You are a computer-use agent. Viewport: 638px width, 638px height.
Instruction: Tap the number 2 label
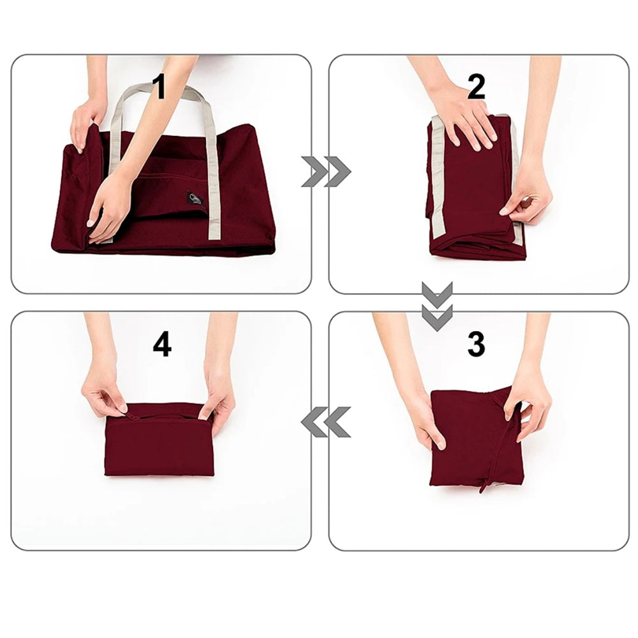click(x=475, y=87)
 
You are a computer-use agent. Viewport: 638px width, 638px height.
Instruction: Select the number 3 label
click(x=475, y=345)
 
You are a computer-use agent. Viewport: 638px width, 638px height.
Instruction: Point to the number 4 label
click(x=162, y=345)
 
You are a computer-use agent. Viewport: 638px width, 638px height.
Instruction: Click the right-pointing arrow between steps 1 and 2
click(x=326, y=171)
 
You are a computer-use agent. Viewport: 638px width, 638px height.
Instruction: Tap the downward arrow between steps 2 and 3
click(x=437, y=306)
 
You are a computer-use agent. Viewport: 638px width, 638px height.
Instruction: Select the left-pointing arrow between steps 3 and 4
click(x=326, y=422)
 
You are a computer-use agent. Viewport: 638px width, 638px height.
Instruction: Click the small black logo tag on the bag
click(x=195, y=199)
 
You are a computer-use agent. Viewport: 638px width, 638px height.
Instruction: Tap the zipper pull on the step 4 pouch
click(x=133, y=417)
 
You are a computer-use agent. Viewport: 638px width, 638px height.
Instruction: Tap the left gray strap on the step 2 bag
click(x=438, y=185)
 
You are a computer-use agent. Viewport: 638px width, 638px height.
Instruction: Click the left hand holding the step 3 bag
click(x=426, y=421)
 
